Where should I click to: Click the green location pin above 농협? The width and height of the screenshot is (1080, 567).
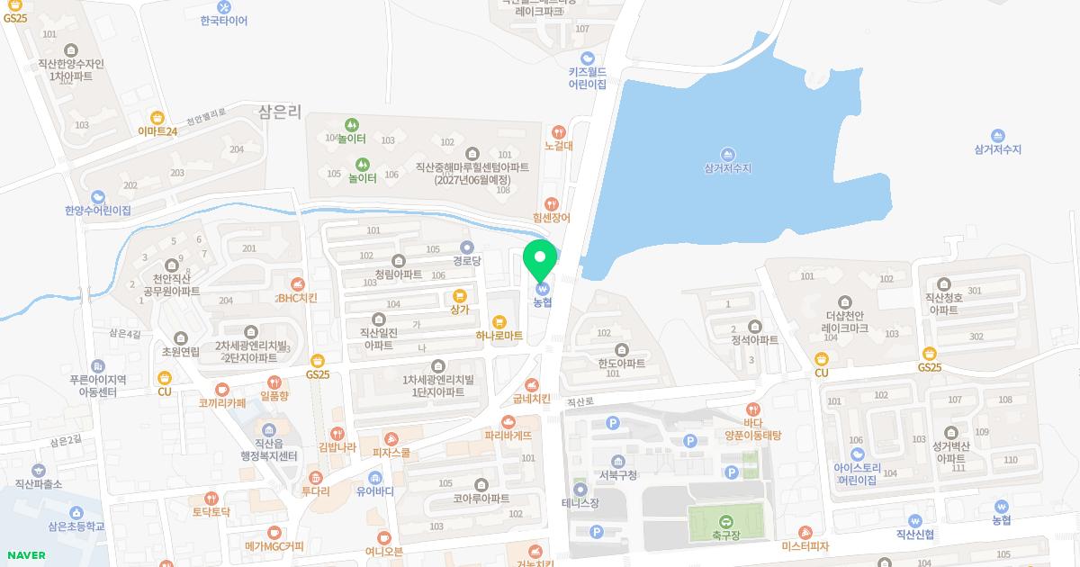pos(540,258)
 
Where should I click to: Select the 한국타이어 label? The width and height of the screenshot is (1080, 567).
pos(224,20)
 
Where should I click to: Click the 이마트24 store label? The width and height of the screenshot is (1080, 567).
pos(157,130)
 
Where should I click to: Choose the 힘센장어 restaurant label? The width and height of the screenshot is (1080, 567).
pos(552,218)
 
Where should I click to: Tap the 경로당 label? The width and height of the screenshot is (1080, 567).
pos(467,260)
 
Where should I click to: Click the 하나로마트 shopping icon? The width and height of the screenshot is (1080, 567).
pos(499,321)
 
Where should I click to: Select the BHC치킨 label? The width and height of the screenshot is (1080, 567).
pos(297,297)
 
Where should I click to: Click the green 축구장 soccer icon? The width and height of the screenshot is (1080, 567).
pos(725,519)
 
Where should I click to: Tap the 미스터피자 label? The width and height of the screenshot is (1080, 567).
pos(805,545)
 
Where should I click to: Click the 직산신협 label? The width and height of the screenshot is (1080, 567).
pos(914,534)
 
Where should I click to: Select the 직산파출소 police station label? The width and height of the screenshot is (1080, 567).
pos(38,483)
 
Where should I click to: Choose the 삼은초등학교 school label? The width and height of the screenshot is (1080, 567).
pos(76,526)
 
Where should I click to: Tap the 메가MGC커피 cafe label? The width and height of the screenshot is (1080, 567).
pos(274,545)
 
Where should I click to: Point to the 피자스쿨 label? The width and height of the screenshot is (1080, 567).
pos(391,453)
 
